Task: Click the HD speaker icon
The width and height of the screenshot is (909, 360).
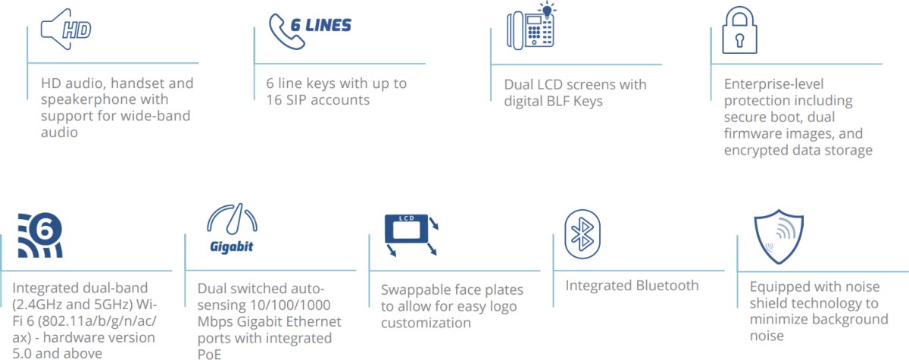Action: (66, 31)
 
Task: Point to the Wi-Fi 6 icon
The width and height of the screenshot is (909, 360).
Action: (39, 236)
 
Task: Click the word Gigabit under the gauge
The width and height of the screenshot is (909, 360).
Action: (231, 246)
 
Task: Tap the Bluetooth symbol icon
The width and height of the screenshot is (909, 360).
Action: (583, 231)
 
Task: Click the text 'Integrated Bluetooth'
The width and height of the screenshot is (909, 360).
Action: (632, 286)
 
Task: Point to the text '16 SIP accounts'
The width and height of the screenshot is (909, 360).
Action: (317, 99)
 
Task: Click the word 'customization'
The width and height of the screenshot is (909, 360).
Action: (426, 323)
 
